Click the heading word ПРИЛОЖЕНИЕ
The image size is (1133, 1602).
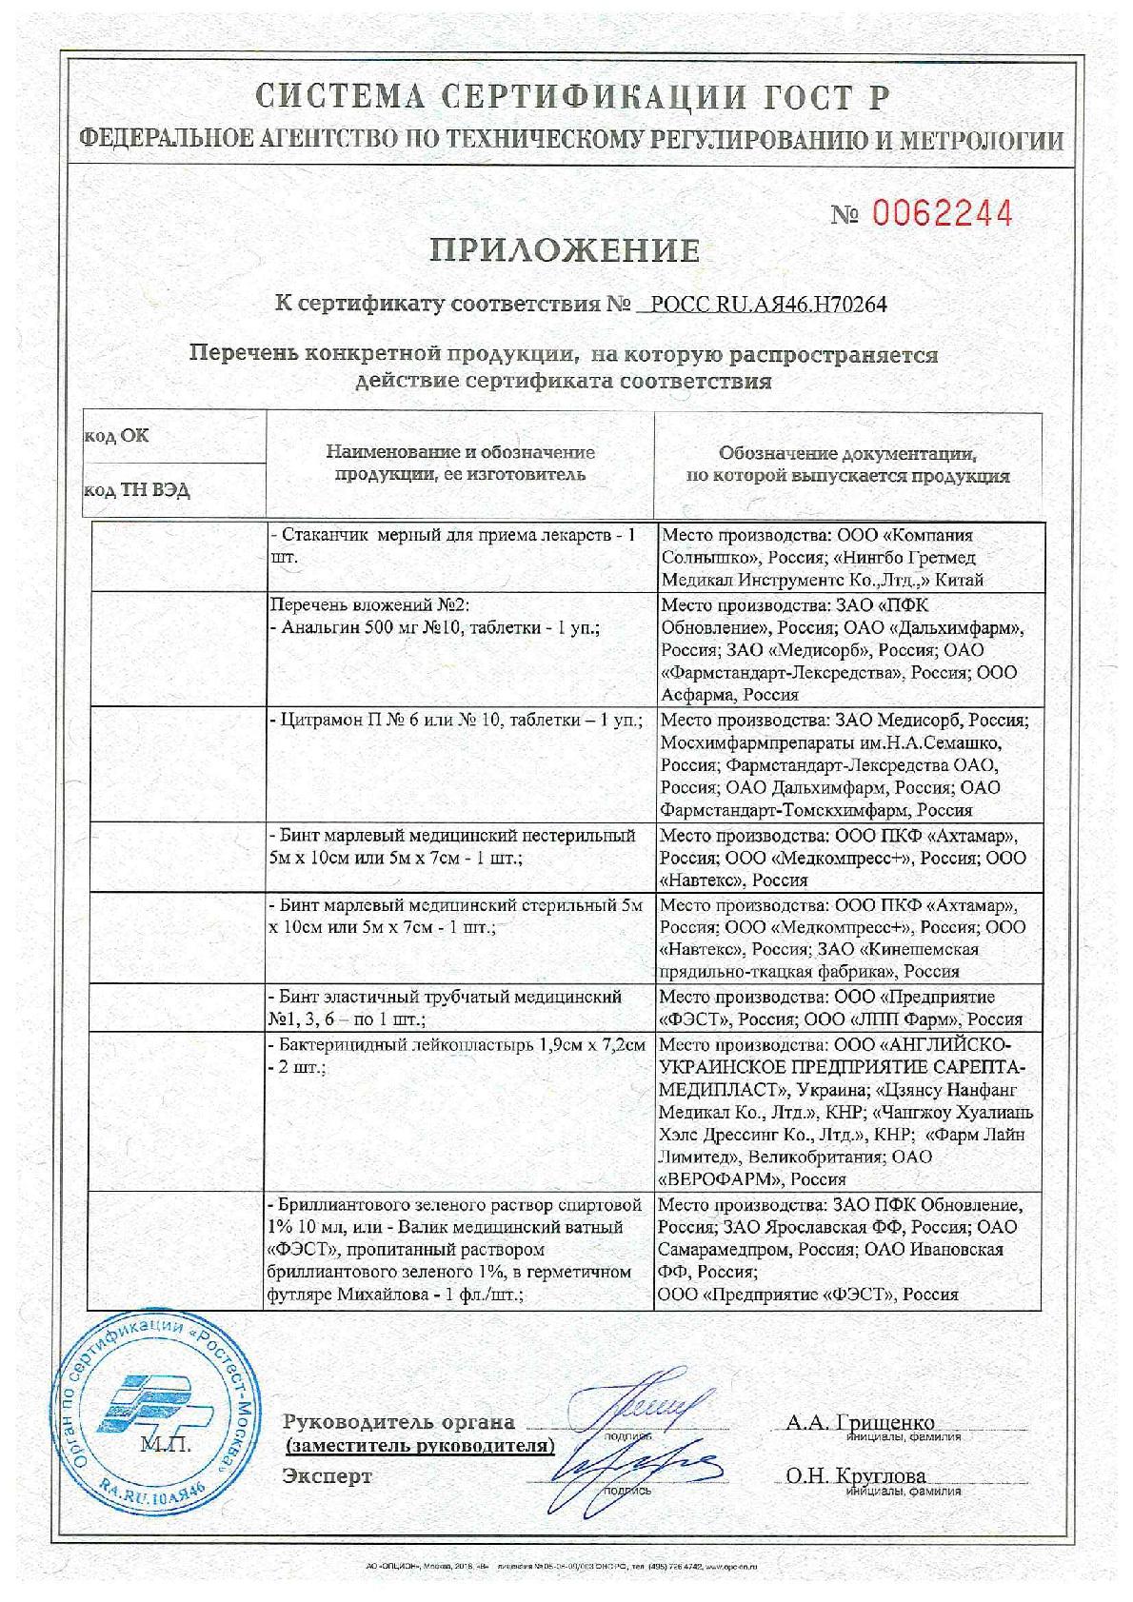[x=566, y=250]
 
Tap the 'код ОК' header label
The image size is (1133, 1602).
[x=117, y=436]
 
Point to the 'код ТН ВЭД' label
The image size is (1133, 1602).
[x=138, y=490]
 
